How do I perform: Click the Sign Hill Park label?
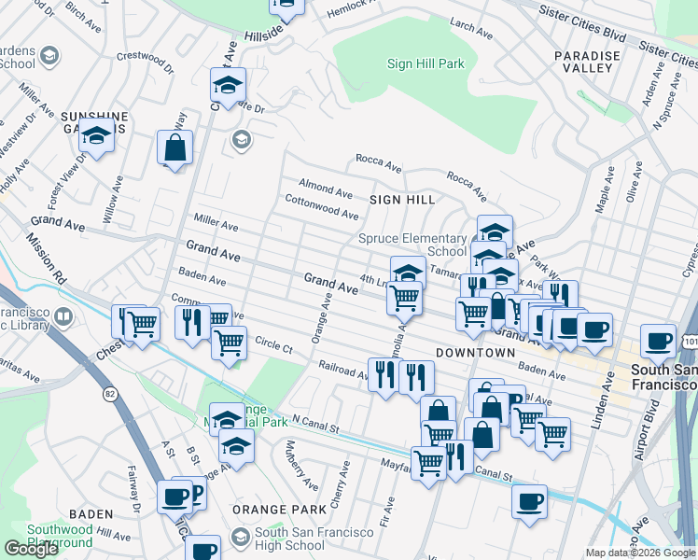pyautogui.click(x=426, y=63)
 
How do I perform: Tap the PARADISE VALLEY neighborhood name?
pyautogui.click(x=587, y=63)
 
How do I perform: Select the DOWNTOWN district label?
pyautogui.click(x=475, y=353)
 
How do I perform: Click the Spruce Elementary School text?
pyautogui.click(x=412, y=245)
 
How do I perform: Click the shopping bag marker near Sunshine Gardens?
pyautogui.click(x=174, y=147)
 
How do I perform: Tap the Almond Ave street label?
pyautogui.click(x=325, y=191)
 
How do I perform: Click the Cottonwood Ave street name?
pyautogui.click(x=321, y=207)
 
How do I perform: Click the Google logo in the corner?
pyautogui.click(x=31, y=548)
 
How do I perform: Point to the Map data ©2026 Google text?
pyautogui.click(x=640, y=553)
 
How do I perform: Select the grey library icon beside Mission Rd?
pyautogui.click(x=63, y=317)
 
